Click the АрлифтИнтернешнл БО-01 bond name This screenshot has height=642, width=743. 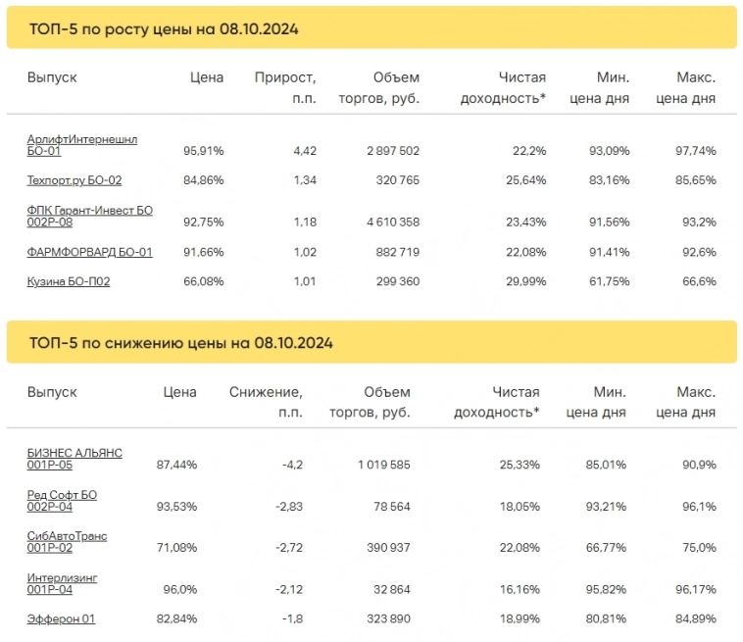tap(82, 145)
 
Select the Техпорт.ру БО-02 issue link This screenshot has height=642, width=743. tap(74, 180)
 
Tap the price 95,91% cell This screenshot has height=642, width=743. tap(204, 151)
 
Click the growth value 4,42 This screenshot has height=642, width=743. tap(305, 151)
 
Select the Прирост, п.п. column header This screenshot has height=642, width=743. tap(284, 87)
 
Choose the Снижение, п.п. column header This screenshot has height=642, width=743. tap(266, 402)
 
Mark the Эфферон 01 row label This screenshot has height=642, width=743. tap(61, 618)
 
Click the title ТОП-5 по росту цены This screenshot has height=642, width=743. tap(164, 29)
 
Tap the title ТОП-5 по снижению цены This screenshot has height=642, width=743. tap(181, 343)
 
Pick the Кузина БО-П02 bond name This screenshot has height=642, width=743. tap(68, 281)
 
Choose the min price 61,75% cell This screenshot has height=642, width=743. tap(609, 281)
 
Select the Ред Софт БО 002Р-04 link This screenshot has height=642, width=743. tap(62, 501)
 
